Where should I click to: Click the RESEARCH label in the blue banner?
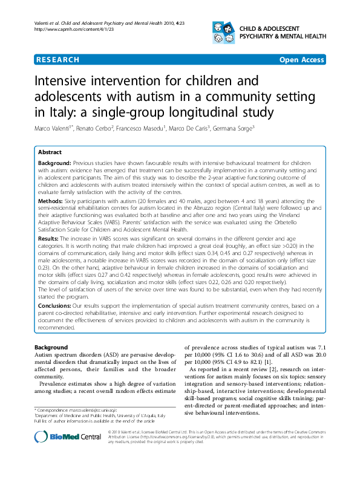coord(57,60)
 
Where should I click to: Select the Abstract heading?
coord(51,152)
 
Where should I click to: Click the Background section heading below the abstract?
coord(51,348)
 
